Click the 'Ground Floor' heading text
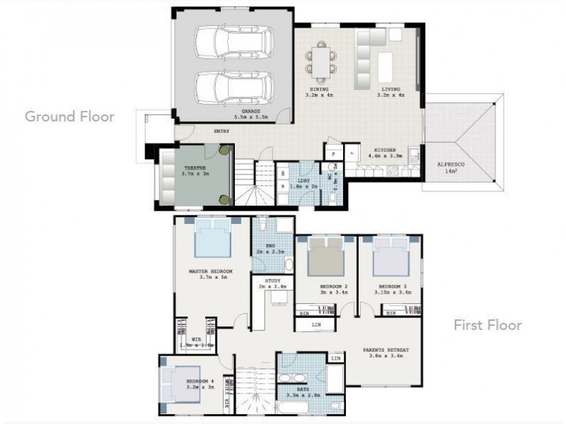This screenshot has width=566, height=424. coord(69,117)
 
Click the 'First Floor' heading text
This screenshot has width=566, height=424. coord(488,325)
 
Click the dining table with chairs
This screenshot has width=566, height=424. coord(320,59)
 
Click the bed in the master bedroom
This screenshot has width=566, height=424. coord(213,238)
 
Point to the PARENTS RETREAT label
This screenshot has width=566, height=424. coord(387,350)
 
